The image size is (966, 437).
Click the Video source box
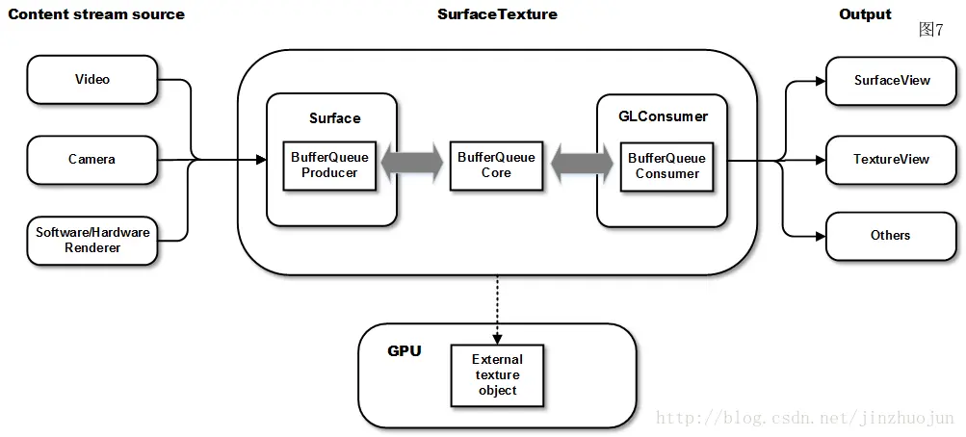pos(92,80)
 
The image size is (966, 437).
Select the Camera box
pos(92,160)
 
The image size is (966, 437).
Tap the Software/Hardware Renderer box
pos(92,241)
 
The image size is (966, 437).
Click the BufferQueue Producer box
pos(329,166)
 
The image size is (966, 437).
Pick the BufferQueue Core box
pos(496,166)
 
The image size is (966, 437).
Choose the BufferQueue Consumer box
pos(666,166)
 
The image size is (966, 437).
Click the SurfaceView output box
pos(892,80)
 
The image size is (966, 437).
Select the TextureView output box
pos(892,160)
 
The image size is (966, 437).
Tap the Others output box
pos(892,236)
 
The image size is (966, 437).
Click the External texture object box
pos(497,375)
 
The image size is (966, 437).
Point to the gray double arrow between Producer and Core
pos(413,165)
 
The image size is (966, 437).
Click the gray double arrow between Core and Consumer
pos(582,165)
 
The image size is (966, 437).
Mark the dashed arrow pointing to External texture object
pos(497,308)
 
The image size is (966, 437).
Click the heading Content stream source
pos(96,14)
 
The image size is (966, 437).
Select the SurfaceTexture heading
pos(497,14)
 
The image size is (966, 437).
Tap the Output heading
pos(865,14)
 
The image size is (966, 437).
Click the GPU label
pos(405,351)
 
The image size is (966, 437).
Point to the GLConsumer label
pos(663,116)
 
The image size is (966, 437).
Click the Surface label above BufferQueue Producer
pos(334,118)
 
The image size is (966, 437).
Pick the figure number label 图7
pos(931,30)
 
